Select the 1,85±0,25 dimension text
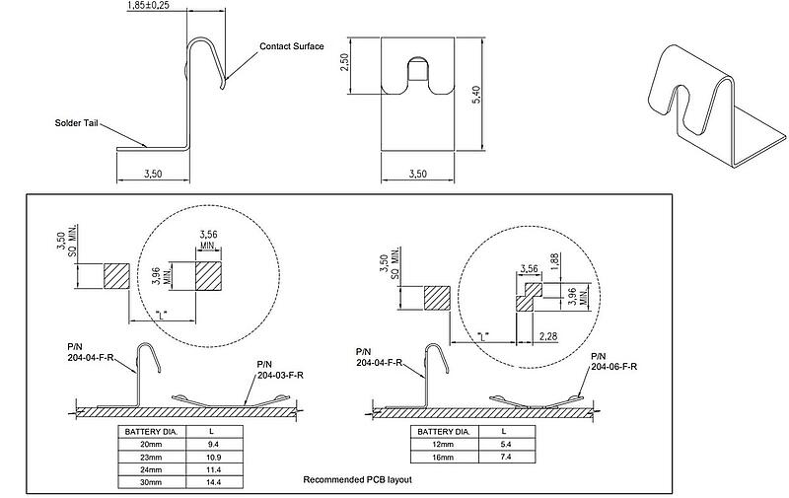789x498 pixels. click(x=156, y=7)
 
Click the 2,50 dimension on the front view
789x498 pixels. click(x=363, y=66)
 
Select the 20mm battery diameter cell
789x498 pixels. click(x=152, y=446)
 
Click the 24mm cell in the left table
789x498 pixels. click(x=152, y=471)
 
